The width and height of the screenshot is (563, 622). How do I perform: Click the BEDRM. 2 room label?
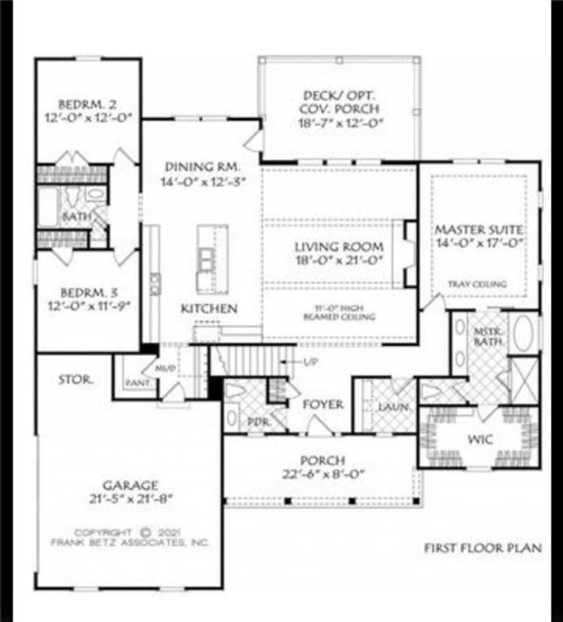(88, 105)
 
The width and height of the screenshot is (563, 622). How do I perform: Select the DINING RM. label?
(202, 167)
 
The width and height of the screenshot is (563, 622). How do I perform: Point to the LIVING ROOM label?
(339, 247)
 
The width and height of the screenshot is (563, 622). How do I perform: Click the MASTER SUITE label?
(479, 230)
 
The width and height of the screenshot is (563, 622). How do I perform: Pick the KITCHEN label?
(209, 309)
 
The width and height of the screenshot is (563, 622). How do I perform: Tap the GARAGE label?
(130, 485)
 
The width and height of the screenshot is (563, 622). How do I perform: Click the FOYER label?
(323, 404)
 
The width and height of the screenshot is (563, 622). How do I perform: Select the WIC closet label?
(480, 439)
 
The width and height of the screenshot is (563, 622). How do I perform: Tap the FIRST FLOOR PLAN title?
(483, 548)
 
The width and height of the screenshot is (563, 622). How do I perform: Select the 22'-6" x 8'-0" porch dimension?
(323, 474)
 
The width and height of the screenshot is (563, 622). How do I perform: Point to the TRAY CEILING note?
(477, 284)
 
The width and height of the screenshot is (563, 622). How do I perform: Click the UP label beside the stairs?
(311, 362)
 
